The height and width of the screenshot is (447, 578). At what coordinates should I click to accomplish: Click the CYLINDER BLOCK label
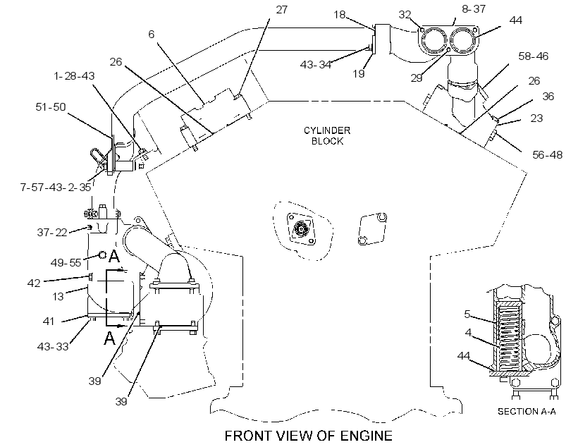[327, 136]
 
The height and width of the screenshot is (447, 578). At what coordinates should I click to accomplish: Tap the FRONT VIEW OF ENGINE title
[309, 436]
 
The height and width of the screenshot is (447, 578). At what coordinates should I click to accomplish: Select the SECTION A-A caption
[527, 411]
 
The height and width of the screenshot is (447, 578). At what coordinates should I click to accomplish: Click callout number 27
[282, 10]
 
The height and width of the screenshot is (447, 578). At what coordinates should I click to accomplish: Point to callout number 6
[151, 35]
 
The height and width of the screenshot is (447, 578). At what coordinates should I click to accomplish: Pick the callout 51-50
[51, 107]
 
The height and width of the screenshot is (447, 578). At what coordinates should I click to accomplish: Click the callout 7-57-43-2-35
[56, 188]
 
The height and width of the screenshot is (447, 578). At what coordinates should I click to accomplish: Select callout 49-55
[66, 262]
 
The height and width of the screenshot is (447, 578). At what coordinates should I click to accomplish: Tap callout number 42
[34, 283]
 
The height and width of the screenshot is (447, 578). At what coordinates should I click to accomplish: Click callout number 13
[58, 297]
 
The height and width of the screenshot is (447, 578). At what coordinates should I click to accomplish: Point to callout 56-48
[548, 155]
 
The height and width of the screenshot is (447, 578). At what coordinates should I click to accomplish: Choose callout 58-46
[534, 56]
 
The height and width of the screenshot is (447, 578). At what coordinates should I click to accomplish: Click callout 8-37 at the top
[474, 9]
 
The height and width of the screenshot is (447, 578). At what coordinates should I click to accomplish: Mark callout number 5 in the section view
[467, 314]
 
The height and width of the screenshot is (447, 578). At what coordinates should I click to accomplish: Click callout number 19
[359, 74]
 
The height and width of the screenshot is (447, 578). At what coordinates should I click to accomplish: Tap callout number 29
[417, 78]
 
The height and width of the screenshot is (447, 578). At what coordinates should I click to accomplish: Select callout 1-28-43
[74, 76]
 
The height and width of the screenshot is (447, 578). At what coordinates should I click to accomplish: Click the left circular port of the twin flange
[433, 41]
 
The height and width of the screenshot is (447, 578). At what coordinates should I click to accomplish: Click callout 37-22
[52, 233]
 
